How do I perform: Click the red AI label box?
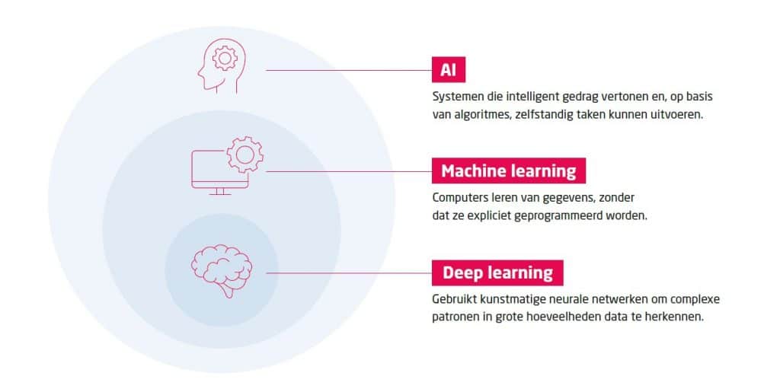point(448,71)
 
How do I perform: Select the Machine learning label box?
point(508,171)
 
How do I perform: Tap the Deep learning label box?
point(497,272)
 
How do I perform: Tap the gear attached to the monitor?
point(245,155)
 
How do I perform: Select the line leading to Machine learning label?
point(347,171)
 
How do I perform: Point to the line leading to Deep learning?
point(347,272)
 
